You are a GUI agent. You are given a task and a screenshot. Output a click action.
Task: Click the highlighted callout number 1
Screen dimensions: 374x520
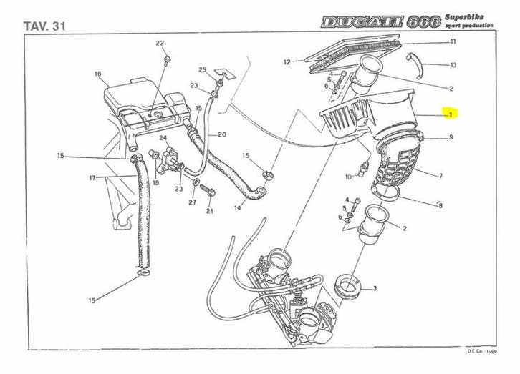pos(451,114)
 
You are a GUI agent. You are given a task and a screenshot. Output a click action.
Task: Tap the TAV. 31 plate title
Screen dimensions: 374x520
pos(44,26)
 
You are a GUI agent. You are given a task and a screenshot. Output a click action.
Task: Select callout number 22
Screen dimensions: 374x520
pos(160,44)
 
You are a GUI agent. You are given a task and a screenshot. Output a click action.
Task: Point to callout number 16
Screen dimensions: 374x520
pos(97,74)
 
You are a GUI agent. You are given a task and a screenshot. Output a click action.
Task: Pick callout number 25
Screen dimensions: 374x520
pos(203,69)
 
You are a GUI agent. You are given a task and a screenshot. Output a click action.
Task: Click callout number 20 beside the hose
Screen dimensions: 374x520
pos(222,134)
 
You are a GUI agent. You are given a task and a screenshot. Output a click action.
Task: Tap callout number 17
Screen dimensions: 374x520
pos(92,178)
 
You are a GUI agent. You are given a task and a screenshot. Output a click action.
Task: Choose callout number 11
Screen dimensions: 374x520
pos(453,42)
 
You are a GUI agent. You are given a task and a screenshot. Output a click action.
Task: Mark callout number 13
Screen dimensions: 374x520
pos(453,65)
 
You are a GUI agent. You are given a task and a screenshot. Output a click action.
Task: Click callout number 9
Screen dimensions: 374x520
pos(451,137)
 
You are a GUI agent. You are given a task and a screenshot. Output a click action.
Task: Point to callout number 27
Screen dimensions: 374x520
pos(192,202)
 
